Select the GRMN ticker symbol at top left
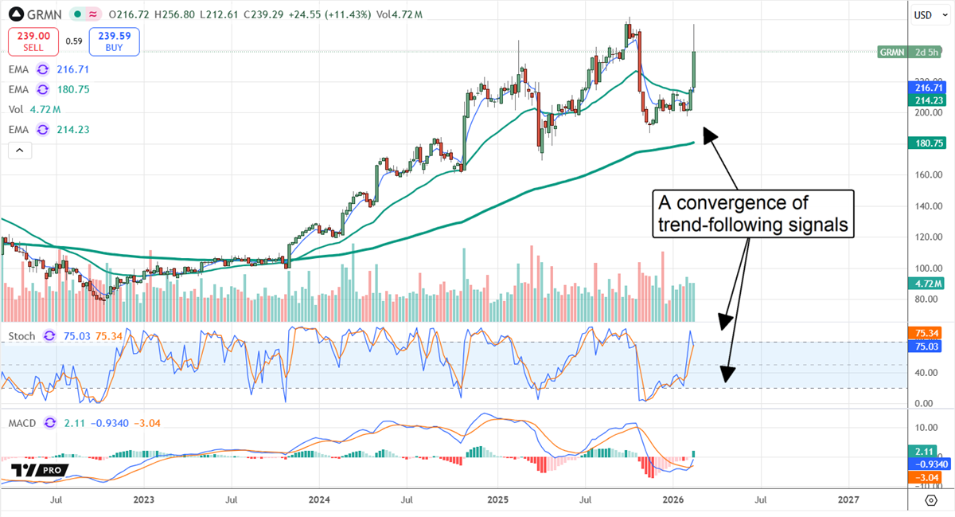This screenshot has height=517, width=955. coord(39,14)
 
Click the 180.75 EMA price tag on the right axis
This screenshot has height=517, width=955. coord(925,143)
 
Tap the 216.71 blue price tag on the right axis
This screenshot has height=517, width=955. coord(925,88)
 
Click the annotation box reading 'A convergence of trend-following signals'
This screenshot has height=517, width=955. coord(752,213)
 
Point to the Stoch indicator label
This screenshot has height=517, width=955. coord(21,336)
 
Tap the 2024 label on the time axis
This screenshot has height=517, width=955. coord(318,500)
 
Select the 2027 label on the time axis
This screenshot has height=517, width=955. coord(848,500)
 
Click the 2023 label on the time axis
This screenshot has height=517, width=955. coord(143,500)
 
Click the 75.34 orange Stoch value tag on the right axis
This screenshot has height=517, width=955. coord(925,333)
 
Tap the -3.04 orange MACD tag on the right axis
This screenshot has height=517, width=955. coord(925,477)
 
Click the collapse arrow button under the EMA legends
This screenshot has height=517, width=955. coord(20,149)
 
